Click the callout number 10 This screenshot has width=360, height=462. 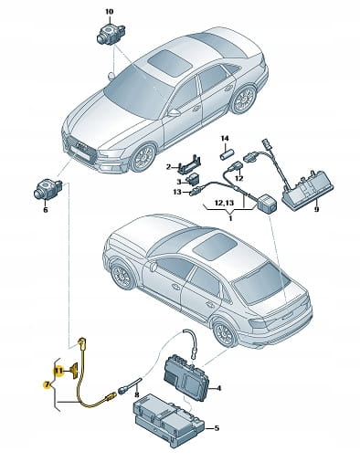(x=109, y=12)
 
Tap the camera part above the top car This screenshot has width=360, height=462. (x=110, y=33)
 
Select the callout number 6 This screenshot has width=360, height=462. (x=46, y=210)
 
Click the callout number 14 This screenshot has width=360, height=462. (x=225, y=139)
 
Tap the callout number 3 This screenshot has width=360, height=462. (x=179, y=182)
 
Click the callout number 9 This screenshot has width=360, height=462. (x=317, y=209)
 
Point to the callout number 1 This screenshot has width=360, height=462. (x=230, y=218)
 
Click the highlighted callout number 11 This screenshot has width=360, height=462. (x=58, y=371)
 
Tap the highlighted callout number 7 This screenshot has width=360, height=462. (x=47, y=385)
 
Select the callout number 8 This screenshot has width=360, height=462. (x=136, y=395)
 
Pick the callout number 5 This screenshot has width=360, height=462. (x=217, y=428)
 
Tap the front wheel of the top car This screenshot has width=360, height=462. (x=144, y=159)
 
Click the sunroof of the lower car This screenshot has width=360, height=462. (x=216, y=246)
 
